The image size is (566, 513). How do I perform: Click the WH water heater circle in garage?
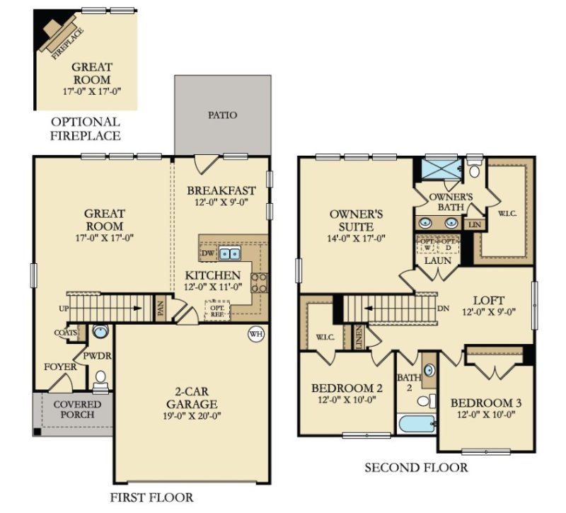[254, 334]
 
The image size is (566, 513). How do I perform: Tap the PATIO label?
[222, 115]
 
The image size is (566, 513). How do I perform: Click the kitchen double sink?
[229, 253]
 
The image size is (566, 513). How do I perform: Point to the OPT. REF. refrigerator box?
[216, 309]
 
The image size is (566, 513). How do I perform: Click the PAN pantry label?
[161, 309]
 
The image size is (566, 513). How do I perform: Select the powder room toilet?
[101, 379]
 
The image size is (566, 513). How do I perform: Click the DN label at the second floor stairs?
[443, 309]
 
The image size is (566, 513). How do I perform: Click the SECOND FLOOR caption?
[415, 468]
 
